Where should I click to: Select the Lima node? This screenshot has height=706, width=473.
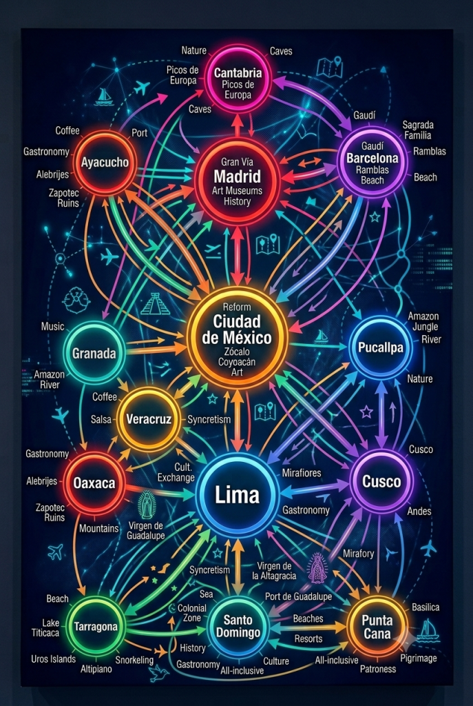(x=237, y=494)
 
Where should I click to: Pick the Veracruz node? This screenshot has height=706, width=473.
(x=149, y=418)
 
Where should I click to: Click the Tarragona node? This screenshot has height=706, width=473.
(x=96, y=626)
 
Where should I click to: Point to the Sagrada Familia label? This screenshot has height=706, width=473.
(x=418, y=130)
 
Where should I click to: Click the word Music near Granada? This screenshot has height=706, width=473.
(x=52, y=326)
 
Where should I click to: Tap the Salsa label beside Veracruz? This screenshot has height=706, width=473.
(x=101, y=418)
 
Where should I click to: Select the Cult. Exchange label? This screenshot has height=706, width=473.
(x=176, y=472)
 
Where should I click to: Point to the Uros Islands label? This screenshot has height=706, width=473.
(x=53, y=658)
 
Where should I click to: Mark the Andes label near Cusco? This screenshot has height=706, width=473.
(x=419, y=511)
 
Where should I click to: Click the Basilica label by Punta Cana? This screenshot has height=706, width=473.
(x=425, y=607)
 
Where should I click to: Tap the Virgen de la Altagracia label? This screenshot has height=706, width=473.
(x=274, y=570)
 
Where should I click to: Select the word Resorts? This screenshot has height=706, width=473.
(x=308, y=638)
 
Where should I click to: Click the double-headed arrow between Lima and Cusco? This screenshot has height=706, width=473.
(x=314, y=489)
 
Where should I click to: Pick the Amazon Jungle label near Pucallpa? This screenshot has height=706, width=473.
(x=423, y=321)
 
